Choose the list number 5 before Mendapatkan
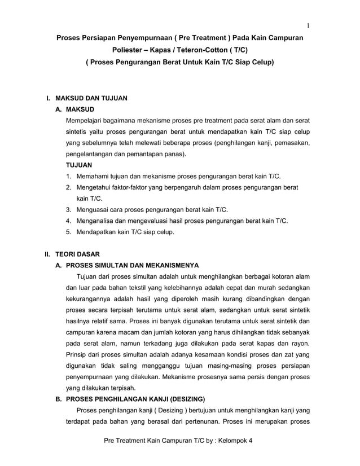(x=68, y=232)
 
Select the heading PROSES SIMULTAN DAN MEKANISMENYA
(x=132, y=265)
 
